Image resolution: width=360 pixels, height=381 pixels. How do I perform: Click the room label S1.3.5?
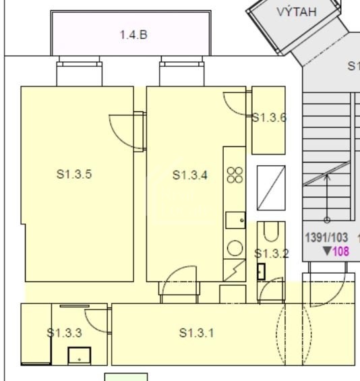coord(74,174)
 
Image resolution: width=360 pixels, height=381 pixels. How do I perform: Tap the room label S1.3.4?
coord(190,175)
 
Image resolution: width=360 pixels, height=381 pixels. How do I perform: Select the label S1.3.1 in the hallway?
coord(197,333)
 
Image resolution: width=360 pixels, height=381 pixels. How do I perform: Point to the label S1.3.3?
coord(64,333)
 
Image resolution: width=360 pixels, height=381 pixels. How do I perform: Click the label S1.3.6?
coord(270,117)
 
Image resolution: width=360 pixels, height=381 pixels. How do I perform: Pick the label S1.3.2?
coord(271,254)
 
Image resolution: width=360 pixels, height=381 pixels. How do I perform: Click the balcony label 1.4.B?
coord(133,35)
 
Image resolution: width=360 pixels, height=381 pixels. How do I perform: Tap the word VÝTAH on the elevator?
coord(297,11)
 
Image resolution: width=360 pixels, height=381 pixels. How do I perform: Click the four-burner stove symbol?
coord(235,175)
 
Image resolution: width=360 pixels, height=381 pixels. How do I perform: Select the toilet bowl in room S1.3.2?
coord(271,232)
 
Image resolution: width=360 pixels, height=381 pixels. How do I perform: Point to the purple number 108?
coord(341,252)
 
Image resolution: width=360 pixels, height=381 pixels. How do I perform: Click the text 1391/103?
coord(326,237)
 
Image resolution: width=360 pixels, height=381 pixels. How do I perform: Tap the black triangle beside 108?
coord(327,251)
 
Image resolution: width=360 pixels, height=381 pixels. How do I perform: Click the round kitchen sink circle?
coord(235,248)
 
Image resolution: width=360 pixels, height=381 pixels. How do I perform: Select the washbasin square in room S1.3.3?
coord(80,356)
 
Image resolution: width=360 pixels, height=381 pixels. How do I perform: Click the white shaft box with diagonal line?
coord(271,188)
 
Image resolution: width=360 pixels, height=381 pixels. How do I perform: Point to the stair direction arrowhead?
coord(327,175)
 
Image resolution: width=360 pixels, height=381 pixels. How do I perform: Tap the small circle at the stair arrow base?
coord(327,220)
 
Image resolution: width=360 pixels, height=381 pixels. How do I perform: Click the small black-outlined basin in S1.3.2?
coord(261,272)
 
